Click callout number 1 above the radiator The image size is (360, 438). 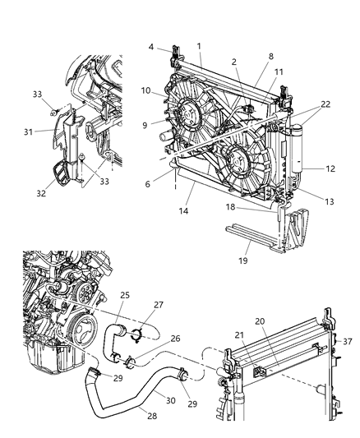[199, 44]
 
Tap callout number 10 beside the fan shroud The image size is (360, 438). [145, 90]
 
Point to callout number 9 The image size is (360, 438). [144, 125]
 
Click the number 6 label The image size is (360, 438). [148, 185]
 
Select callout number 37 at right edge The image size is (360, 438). [347, 341]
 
